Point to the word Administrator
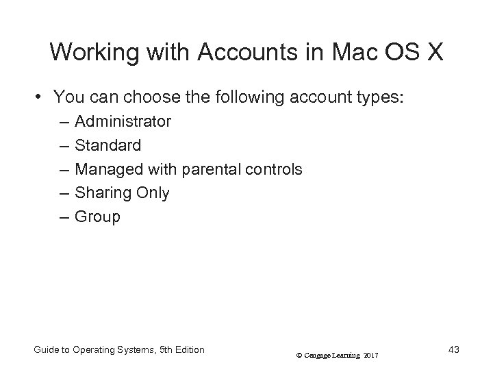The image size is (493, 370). [x=123, y=122]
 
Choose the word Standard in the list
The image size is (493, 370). [x=108, y=145]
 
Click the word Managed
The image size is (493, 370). [x=108, y=169]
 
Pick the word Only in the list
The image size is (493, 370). [x=153, y=193]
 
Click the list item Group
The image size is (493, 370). [x=97, y=217]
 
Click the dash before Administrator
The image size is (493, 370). [x=64, y=122]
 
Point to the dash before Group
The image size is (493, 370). [x=64, y=217]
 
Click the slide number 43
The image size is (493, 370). [x=452, y=350]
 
